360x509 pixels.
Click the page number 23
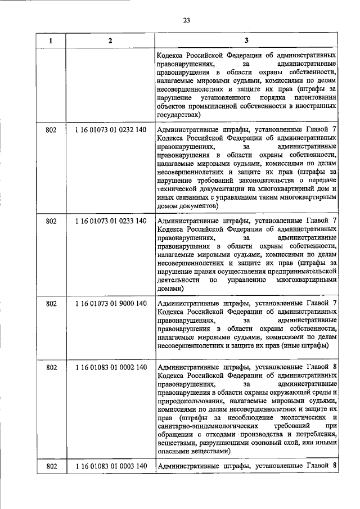(187, 21)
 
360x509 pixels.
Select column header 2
(110, 41)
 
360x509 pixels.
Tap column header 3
(247, 41)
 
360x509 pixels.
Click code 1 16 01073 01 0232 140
(110, 130)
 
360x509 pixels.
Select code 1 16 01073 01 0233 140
(110, 222)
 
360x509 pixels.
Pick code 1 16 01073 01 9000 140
(110, 304)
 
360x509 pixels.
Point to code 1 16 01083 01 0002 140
(110, 368)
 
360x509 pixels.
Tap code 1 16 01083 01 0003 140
(110, 466)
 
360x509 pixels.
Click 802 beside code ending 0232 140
(51, 130)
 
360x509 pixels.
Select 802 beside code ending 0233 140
(51, 222)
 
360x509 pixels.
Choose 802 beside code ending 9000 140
(51, 304)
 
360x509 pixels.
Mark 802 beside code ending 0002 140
(51, 368)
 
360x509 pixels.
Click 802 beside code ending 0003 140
(51, 466)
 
